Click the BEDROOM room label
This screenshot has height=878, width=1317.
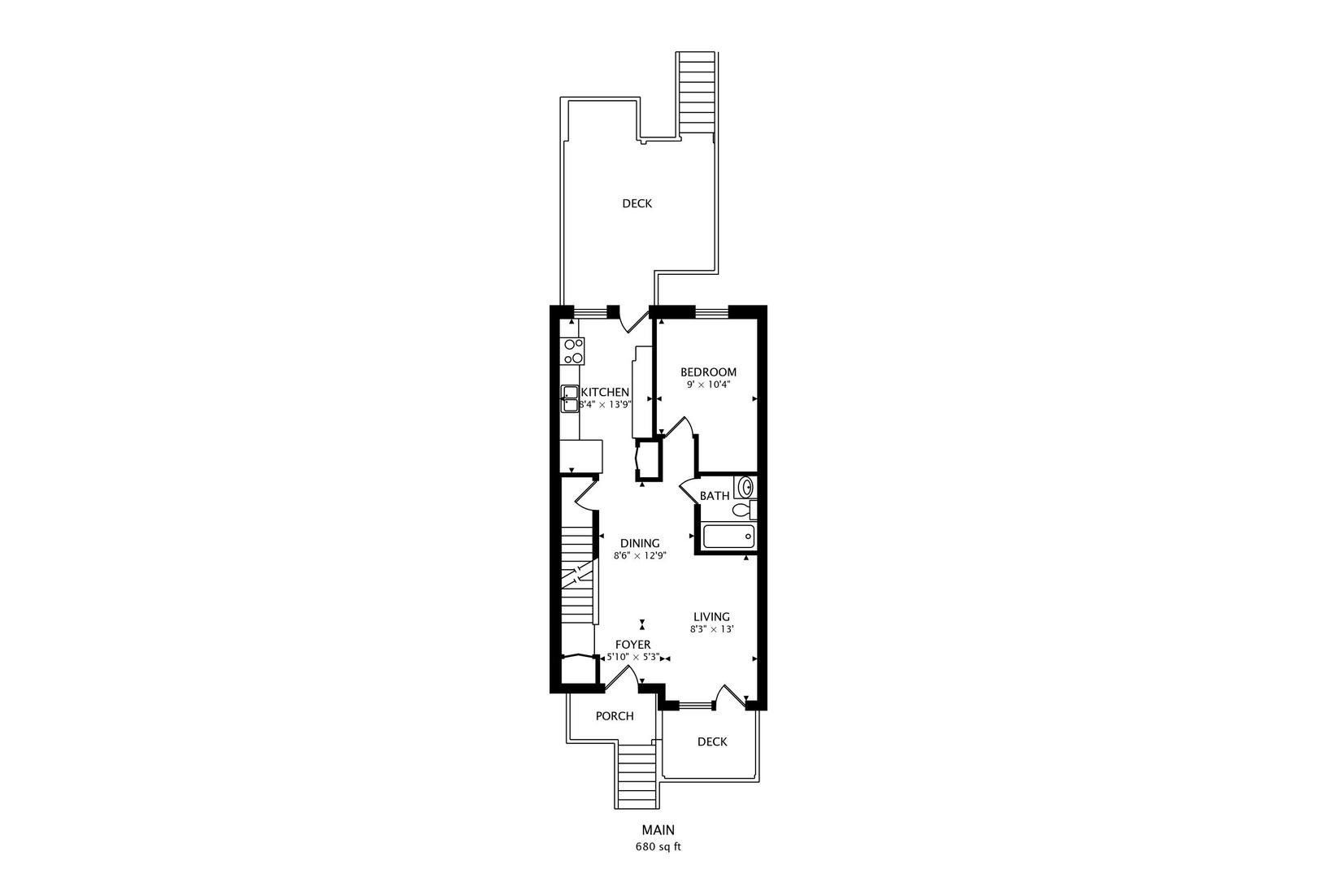708,372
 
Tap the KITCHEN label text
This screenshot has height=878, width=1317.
605,392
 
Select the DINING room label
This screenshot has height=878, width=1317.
640,543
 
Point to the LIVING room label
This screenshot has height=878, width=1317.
711,617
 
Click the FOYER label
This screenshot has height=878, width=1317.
633,645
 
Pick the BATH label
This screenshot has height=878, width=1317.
715,496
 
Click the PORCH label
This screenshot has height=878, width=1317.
615,716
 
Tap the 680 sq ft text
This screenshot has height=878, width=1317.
658,847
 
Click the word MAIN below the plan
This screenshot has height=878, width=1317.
658,830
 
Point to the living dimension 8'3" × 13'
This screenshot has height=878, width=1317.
712,629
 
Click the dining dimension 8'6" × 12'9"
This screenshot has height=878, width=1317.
640,556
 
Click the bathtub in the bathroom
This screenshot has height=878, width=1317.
729,536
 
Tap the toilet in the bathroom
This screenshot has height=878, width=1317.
745,509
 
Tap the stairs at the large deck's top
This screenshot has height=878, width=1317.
696,93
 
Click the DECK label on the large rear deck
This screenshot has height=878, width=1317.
637,203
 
